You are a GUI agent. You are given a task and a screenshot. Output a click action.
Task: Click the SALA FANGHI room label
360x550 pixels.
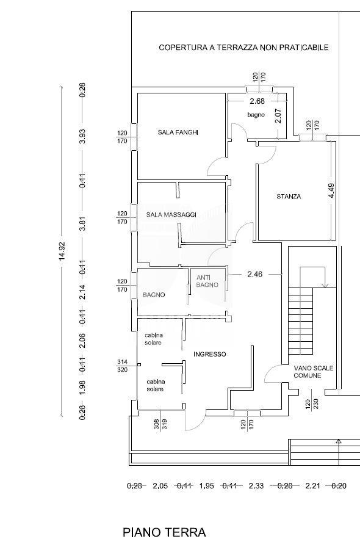[x=178, y=132]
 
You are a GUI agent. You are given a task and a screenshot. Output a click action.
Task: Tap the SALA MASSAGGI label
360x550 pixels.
[x=171, y=215]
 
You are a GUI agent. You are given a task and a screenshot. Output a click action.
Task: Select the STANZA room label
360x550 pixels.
[x=289, y=197]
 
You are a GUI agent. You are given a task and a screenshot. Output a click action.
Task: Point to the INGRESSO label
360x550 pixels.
[x=210, y=354]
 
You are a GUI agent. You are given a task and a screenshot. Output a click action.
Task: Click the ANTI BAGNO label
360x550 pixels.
[x=207, y=281]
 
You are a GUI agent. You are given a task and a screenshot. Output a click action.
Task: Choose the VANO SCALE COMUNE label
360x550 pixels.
[x=314, y=372]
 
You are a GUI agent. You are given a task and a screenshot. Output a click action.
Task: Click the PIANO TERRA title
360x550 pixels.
[x=164, y=532]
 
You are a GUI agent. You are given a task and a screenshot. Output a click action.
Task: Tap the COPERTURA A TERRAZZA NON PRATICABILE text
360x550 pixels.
[x=243, y=48]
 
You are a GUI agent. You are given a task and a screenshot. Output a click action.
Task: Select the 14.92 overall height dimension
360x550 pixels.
[x=62, y=251]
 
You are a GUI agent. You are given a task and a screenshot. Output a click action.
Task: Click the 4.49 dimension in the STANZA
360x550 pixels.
[x=331, y=191]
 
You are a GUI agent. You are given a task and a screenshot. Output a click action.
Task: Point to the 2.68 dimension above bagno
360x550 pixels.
[x=257, y=101]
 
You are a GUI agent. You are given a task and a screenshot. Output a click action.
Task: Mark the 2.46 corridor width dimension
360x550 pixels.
[x=255, y=274]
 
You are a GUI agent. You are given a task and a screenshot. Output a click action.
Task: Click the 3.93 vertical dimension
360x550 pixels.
[x=82, y=137]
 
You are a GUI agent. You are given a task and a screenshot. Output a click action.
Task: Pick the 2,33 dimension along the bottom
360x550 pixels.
[x=256, y=486]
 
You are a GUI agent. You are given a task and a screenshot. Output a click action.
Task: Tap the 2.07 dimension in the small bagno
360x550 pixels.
[x=278, y=116]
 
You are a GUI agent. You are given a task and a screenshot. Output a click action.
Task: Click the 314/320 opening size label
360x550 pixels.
[x=122, y=366]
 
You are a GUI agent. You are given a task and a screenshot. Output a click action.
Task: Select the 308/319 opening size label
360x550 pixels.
[x=160, y=424]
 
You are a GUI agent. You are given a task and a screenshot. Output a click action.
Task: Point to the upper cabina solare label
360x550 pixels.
[x=153, y=339]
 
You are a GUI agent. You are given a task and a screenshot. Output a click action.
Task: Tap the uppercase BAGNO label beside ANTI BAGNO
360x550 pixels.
[x=154, y=295]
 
